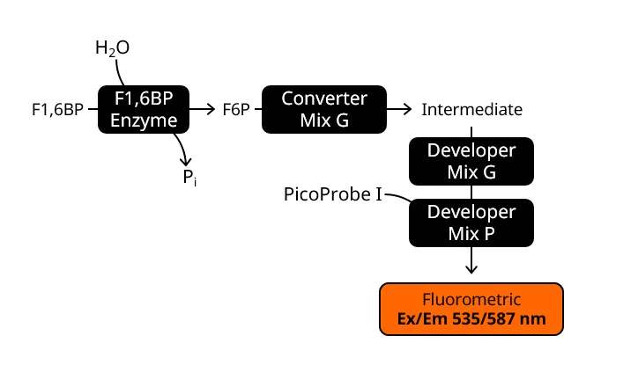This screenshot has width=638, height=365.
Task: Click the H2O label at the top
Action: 112,48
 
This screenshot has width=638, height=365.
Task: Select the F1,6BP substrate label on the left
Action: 57,110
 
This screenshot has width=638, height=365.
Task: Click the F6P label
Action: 236,110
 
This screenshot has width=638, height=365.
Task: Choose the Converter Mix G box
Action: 323,110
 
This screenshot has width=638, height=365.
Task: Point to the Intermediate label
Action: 471,110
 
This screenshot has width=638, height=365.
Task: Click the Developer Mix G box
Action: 471,161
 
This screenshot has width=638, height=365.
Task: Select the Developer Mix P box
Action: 471,223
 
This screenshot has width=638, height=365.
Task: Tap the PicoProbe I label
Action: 333,193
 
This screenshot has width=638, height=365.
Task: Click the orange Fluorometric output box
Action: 471,309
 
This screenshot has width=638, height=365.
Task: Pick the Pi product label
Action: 189,179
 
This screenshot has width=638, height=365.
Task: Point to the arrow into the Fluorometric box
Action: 471,261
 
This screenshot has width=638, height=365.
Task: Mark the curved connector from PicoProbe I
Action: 398,197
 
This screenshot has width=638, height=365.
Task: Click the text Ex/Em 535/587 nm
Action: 471,318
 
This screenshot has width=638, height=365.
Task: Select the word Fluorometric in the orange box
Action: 471,299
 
